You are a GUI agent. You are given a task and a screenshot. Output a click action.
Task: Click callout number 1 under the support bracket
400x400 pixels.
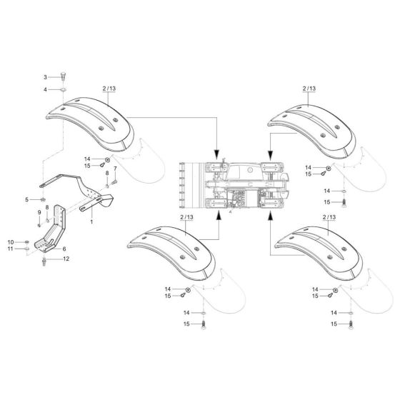[92, 223]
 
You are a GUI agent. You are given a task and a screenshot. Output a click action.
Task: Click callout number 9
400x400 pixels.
[39, 214]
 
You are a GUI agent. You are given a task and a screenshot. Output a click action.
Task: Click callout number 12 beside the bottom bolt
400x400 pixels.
[66, 259]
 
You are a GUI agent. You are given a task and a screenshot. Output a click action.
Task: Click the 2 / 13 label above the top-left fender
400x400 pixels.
[109, 88]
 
